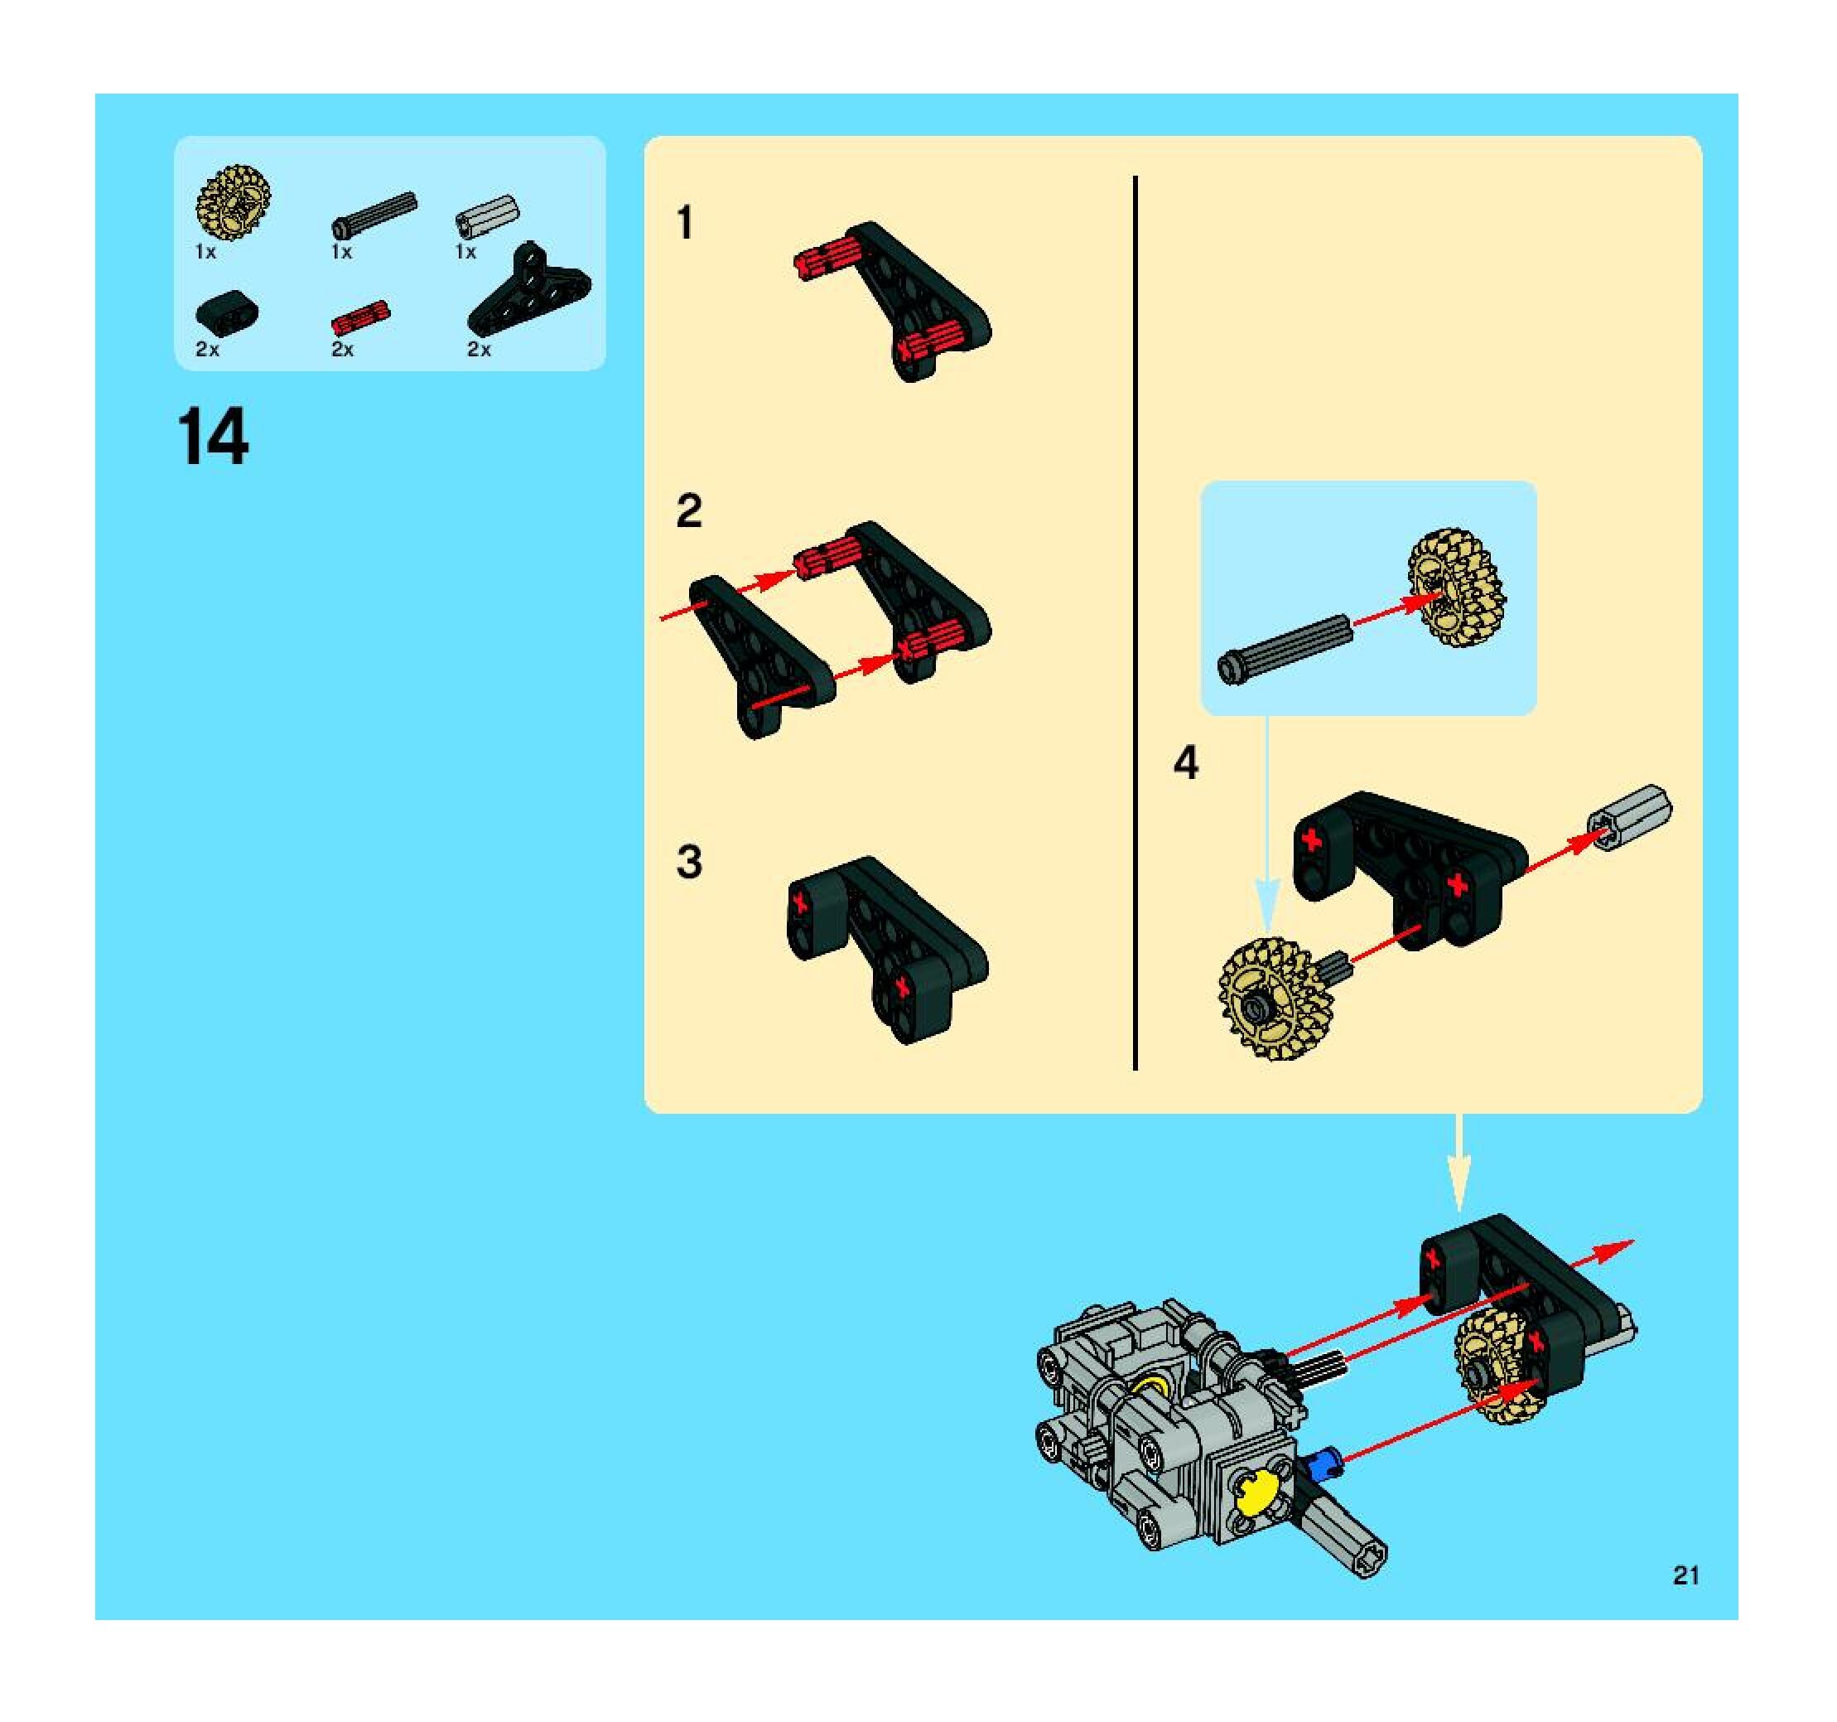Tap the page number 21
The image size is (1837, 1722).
coord(1686,1575)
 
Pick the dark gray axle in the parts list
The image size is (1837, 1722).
coord(374,215)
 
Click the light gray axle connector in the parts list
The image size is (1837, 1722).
coord(487,216)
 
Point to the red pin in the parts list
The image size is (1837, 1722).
coord(360,318)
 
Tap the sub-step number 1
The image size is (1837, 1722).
coord(685,224)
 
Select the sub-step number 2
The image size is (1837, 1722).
coord(689,511)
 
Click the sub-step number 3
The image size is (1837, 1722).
coord(689,862)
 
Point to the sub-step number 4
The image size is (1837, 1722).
coord(1185,762)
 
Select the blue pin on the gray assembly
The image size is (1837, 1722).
coord(1324,1464)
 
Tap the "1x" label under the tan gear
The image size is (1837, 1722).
coord(205,251)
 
